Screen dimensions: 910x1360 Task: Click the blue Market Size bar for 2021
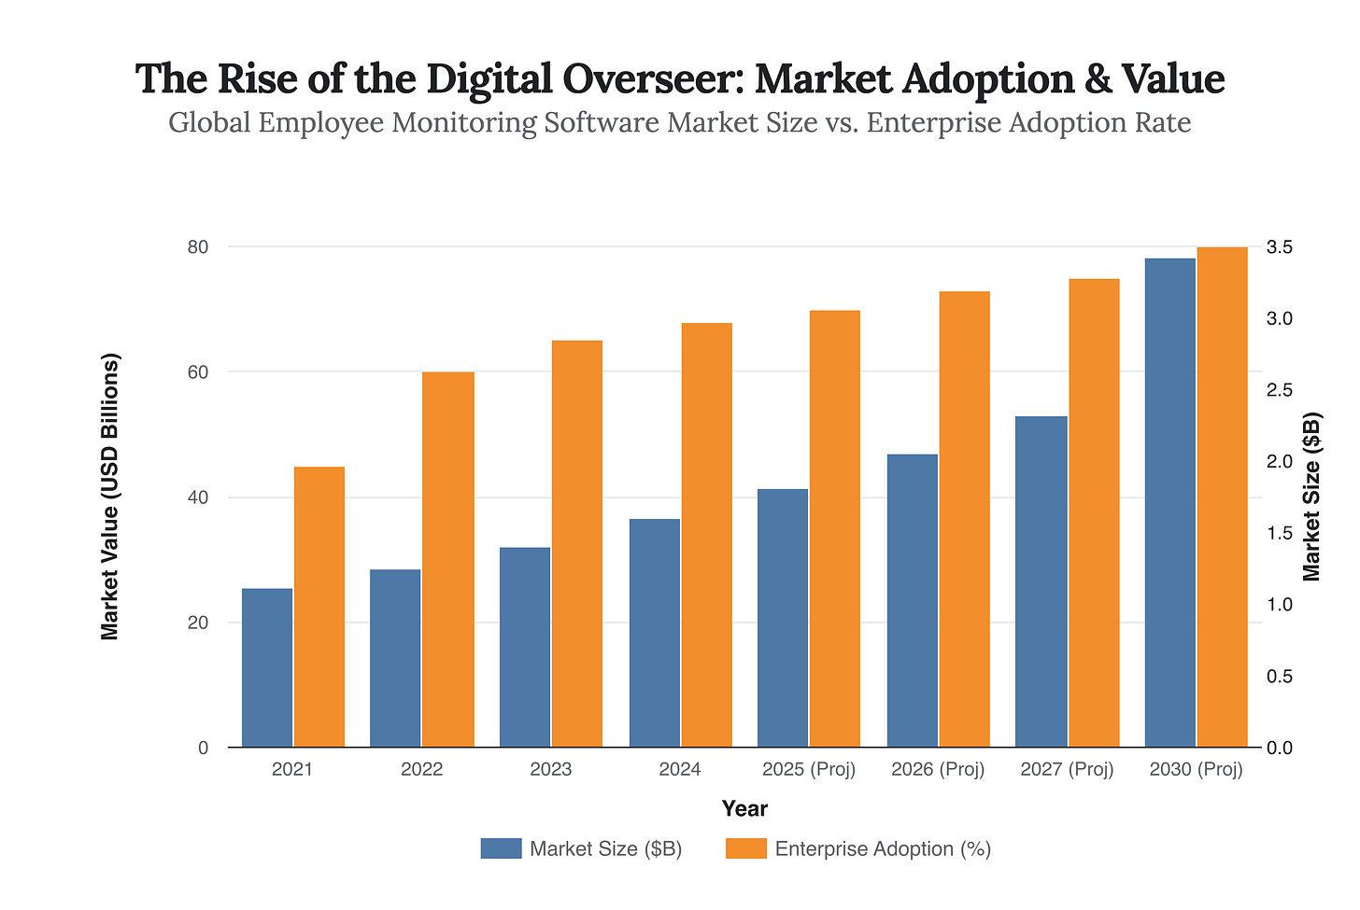click(267, 667)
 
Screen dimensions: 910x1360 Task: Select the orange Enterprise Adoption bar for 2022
click(448, 560)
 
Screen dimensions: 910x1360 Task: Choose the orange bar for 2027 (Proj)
click(1094, 513)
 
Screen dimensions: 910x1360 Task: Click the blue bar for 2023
click(525, 647)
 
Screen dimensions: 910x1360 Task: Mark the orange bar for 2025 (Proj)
click(835, 528)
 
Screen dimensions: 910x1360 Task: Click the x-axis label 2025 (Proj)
click(809, 771)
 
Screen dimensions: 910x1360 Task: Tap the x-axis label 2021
click(292, 771)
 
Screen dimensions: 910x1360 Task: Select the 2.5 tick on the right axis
click(1279, 390)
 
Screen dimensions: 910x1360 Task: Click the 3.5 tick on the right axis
click(1279, 247)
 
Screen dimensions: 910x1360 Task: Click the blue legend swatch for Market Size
click(501, 848)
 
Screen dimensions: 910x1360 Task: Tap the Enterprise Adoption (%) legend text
click(883, 848)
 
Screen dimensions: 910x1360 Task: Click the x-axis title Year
click(744, 808)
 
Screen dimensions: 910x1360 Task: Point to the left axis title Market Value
click(110, 497)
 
